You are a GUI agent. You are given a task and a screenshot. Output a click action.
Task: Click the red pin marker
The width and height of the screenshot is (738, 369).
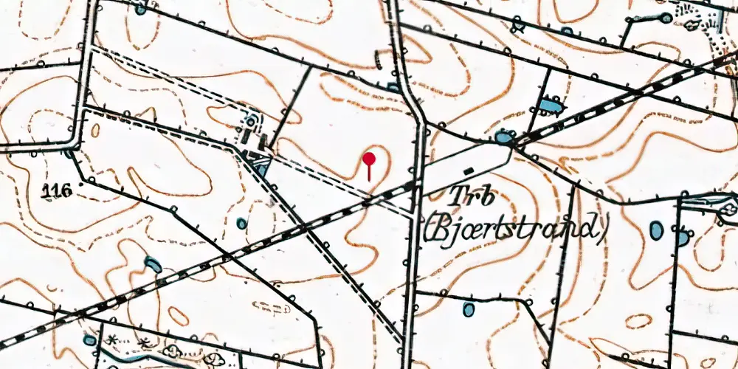(x=370, y=159)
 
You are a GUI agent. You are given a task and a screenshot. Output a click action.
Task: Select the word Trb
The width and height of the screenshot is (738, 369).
(x=472, y=198)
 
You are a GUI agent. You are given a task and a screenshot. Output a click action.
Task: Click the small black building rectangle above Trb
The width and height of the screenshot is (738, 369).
(x=469, y=171)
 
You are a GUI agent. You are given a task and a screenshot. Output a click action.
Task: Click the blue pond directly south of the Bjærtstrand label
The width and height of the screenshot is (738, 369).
(x=469, y=309)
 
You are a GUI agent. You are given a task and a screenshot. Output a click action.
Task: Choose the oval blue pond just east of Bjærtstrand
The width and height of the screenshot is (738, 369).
(x=656, y=230)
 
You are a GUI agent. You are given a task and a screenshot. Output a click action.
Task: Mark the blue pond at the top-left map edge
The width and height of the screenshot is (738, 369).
(x=140, y=9)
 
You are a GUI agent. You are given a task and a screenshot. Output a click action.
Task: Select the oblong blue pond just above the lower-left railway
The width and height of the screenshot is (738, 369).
(x=153, y=263)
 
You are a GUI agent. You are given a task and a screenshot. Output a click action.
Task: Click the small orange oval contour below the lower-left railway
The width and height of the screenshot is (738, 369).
(x=177, y=315)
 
